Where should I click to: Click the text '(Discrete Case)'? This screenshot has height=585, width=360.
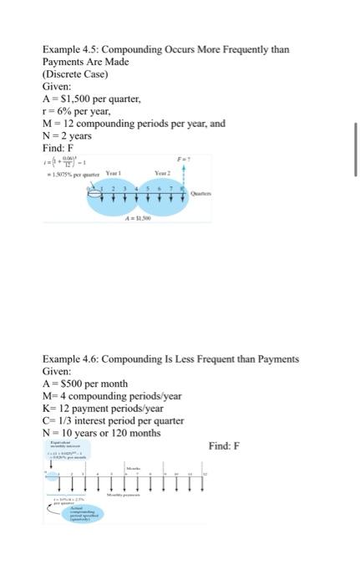pyautogui.click(x=74, y=74)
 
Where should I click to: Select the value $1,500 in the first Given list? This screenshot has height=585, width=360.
pyautogui.click(x=76, y=99)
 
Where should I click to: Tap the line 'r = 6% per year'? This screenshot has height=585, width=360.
pyautogui.click(x=76, y=111)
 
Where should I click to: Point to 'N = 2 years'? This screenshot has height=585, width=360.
pyautogui.click(x=67, y=135)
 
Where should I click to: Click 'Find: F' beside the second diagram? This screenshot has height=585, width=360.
pyautogui.click(x=224, y=445)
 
